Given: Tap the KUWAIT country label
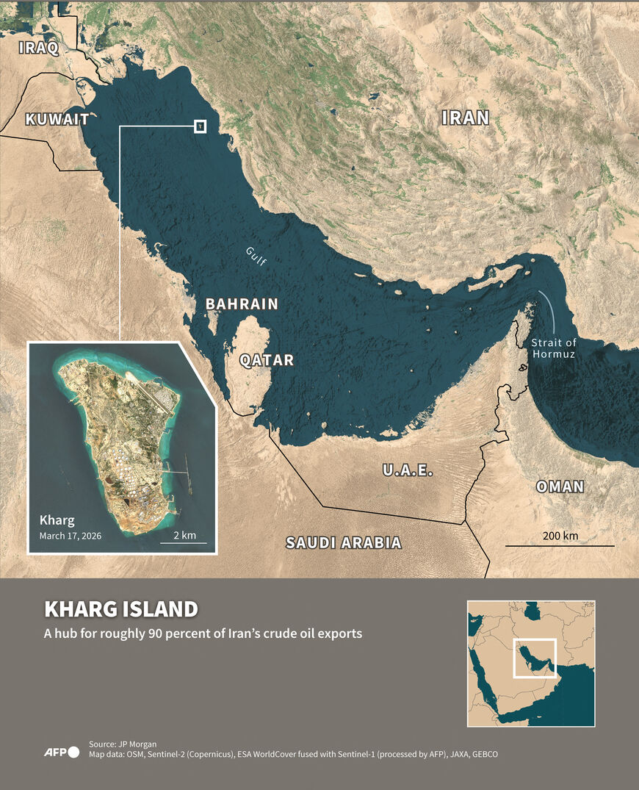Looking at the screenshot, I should pyautogui.click(x=57, y=119).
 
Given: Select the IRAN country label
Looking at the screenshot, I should pyautogui.click(x=465, y=118).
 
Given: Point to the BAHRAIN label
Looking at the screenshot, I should pyautogui.click(x=242, y=304).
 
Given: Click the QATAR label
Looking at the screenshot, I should pyautogui.click(x=267, y=360).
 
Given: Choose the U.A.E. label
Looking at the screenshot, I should pyautogui.click(x=408, y=470).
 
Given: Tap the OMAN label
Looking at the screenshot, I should pyautogui.click(x=560, y=486).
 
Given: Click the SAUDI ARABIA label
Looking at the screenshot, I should pyautogui.click(x=344, y=543).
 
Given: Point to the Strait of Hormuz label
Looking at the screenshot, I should pyautogui.click(x=555, y=348).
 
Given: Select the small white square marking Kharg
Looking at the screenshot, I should pyautogui.click(x=200, y=126).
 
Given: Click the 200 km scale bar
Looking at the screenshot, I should pyautogui.click(x=560, y=545).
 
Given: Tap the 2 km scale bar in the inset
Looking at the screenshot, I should pyautogui.click(x=184, y=542).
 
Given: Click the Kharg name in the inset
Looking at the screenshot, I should pyautogui.click(x=57, y=520).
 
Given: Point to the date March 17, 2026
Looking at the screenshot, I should pyautogui.click(x=71, y=536).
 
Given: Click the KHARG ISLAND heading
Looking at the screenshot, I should pyautogui.click(x=121, y=609).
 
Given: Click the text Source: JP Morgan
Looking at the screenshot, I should pyautogui.click(x=122, y=743).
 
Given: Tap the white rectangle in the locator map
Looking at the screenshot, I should pyautogui.click(x=534, y=658).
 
